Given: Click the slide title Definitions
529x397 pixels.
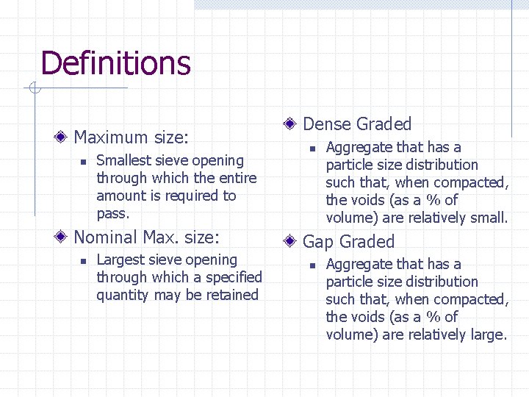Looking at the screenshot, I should pyautogui.click(x=115, y=63).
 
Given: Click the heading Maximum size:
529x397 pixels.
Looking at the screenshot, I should pyautogui.click(x=132, y=137).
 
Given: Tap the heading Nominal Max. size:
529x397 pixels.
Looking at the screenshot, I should pyautogui.click(x=147, y=237).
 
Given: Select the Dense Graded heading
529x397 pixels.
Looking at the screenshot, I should pyautogui.click(x=357, y=124).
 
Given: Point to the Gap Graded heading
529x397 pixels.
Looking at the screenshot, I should pyautogui.click(x=348, y=242).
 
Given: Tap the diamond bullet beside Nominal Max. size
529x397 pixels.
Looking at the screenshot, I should pyautogui.click(x=64, y=237).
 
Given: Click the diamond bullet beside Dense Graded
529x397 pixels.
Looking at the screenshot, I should pyautogui.click(x=291, y=124).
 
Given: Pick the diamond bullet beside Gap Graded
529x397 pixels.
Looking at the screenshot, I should pyautogui.click(x=291, y=241).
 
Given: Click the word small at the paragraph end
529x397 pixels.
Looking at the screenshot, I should pyautogui.click(x=489, y=218).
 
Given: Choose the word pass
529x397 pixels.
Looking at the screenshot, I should pyautogui.click(x=112, y=214).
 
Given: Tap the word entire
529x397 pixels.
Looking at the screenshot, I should pyautogui.click(x=237, y=178).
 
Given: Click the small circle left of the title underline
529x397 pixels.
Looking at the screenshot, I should pyautogui.click(x=33, y=90).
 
